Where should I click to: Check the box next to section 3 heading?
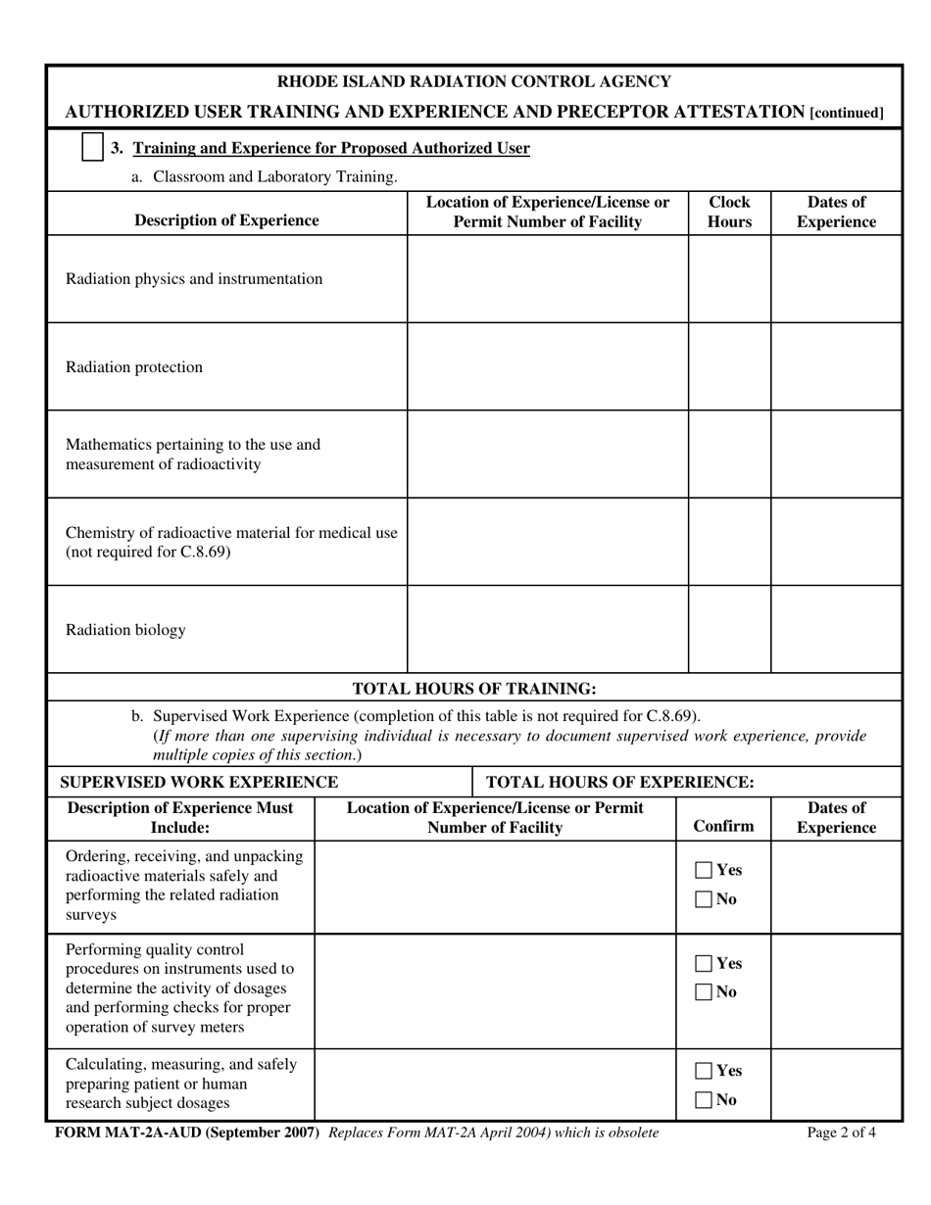pyautogui.click(x=92, y=148)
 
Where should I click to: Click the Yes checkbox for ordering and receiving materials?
pyautogui.click(x=704, y=870)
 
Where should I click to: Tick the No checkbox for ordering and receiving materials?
pyautogui.click(x=704, y=899)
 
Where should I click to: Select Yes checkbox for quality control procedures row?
pyautogui.click(x=704, y=963)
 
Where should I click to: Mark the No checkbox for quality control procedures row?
pyautogui.click(x=704, y=992)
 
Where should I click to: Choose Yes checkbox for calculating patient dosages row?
pyautogui.click(x=704, y=1071)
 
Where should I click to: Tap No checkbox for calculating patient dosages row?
pyautogui.click(x=704, y=1100)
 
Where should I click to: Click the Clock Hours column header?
pyautogui.click(x=729, y=213)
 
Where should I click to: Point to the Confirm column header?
pyautogui.click(x=723, y=826)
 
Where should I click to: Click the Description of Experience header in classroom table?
pyautogui.click(x=226, y=220)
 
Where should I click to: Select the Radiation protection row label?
pyautogui.click(x=134, y=367)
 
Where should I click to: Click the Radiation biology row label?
pyautogui.click(x=125, y=630)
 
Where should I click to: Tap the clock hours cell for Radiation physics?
pyautogui.click(x=729, y=279)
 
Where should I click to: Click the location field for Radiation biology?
pyautogui.click(x=547, y=630)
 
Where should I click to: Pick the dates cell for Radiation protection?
pyautogui.click(x=835, y=367)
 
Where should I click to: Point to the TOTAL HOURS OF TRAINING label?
pyautogui.click(x=473, y=688)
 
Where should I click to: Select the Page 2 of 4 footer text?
pyautogui.click(x=842, y=1133)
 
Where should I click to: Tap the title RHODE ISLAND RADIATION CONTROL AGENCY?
pyautogui.click(x=474, y=82)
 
